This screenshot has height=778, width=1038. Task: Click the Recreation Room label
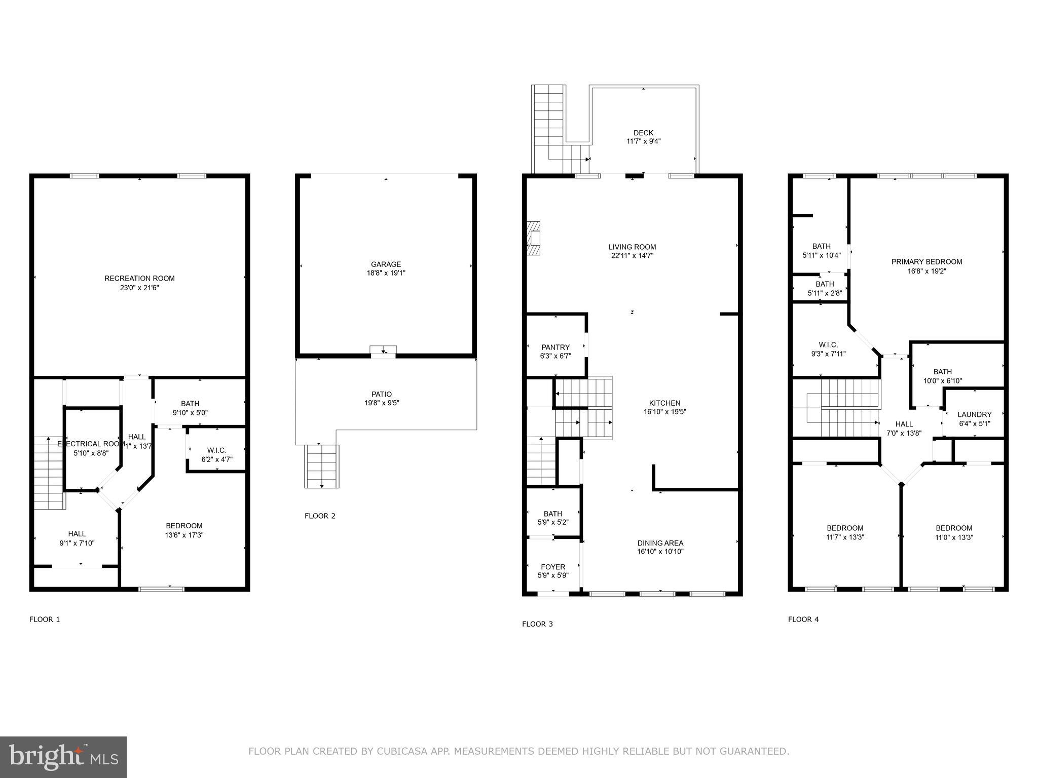pyautogui.click(x=139, y=278)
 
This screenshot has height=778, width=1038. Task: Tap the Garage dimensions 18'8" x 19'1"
pyautogui.click(x=386, y=273)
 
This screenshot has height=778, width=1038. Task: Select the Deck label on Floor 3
pyautogui.click(x=643, y=133)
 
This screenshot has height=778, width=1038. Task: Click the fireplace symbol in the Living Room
pyautogui.click(x=533, y=238)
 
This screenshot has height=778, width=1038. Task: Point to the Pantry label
pyautogui.click(x=555, y=347)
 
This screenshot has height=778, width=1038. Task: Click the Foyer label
pyautogui.click(x=553, y=567)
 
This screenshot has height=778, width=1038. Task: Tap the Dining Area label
pyautogui.click(x=660, y=543)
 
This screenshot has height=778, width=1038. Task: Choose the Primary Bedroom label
pyautogui.click(x=926, y=262)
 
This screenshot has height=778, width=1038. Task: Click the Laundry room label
pyautogui.click(x=974, y=414)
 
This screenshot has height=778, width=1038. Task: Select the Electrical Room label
pyautogui.click(x=91, y=444)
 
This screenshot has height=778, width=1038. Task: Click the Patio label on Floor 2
pyautogui.click(x=382, y=394)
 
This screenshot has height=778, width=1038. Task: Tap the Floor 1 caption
pyautogui.click(x=45, y=619)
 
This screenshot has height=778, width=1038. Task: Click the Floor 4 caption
pyautogui.click(x=803, y=619)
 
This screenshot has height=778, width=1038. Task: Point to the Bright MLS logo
pyautogui.click(x=63, y=757)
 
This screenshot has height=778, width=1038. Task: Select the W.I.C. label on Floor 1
pyautogui.click(x=217, y=450)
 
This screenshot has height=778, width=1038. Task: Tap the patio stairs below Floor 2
pyautogui.click(x=322, y=466)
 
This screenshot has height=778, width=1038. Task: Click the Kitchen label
pyautogui.click(x=665, y=403)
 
